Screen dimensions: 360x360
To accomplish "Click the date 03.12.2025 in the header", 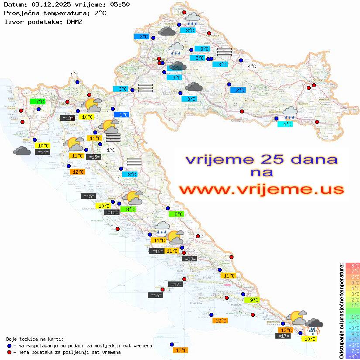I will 50,5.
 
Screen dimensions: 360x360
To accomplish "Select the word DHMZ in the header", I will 75,21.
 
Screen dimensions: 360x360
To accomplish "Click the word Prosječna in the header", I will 21,13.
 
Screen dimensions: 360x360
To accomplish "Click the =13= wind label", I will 67,118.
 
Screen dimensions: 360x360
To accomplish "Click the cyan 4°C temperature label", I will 285,124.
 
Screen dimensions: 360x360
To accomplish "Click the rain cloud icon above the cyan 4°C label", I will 290,113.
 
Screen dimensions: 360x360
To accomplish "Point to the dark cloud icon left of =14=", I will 22,151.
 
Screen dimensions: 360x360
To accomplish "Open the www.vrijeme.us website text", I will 261,189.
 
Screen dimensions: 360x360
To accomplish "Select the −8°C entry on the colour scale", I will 352,356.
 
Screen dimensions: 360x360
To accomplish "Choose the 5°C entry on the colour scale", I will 353,282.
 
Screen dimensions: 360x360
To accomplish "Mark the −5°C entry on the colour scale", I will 352,339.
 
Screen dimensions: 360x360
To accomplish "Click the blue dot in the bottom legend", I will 9,346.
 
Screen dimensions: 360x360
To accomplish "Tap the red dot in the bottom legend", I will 9,352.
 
